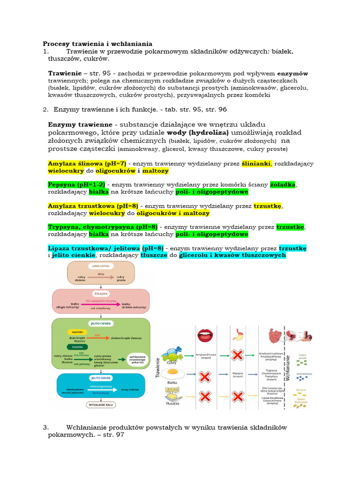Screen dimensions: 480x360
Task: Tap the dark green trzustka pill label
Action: click(75, 347)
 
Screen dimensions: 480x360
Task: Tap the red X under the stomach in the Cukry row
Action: click(237, 355)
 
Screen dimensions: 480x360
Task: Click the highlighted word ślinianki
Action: click(256, 164)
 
